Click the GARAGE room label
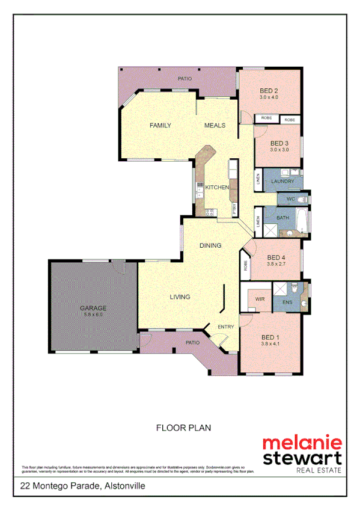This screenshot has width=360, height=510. pos(93,308)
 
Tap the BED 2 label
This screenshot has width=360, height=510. pos(269,91)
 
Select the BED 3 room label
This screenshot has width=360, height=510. pos(279,143)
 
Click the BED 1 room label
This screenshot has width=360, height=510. pos(271,337)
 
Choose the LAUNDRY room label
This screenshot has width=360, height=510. pos(282,181)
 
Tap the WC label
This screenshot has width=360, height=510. pos(290,198)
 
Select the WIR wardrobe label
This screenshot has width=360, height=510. pos(260,299)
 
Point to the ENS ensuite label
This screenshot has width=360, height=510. pos(287,303)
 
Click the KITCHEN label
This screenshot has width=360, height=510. pos(217,188)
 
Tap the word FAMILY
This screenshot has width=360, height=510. pos(160,126)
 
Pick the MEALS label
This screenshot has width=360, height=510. pos(215,126)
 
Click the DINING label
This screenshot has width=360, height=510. pos(210,245)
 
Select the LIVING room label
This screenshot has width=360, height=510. pos(180,297)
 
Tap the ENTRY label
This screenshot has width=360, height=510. pos(225,327)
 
